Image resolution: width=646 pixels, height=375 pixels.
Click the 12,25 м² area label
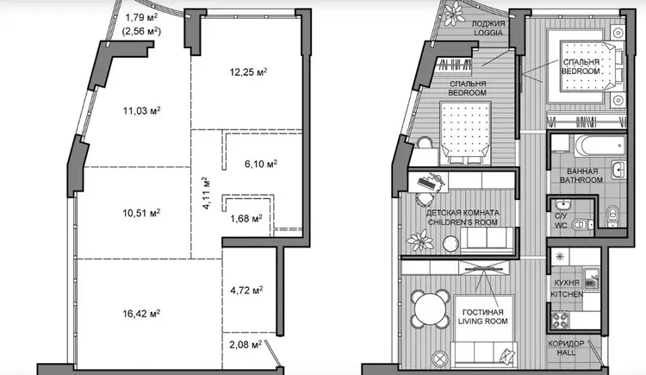pyautogui.click(x=248, y=72)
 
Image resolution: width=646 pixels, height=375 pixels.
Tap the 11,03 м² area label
pyautogui.click(x=142, y=110)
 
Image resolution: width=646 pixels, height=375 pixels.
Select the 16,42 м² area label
pyautogui.click(x=141, y=314)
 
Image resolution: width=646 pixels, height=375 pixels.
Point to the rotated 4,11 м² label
pyautogui.click(x=207, y=193)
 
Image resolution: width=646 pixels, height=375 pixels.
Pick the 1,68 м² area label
pyautogui.click(x=246, y=218)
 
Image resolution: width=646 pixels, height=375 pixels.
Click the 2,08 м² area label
pyautogui.click(x=246, y=344)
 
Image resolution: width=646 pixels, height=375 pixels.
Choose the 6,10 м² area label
pyautogui.click(x=261, y=164)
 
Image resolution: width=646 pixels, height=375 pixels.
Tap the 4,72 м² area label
pyautogui.click(x=247, y=291)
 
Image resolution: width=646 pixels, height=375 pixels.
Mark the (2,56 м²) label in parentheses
pyautogui.click(x=142, y=31)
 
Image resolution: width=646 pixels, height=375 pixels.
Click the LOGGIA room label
pyautogui.click(x=488, y=33)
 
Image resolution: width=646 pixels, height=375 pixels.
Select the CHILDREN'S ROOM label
pyautogui.click(x=463, y=222)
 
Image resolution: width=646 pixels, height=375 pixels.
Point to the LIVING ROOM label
pyautogui.click(x=483, y=322)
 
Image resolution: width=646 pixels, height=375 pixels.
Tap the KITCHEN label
pyautogui.click(x=567, y=295)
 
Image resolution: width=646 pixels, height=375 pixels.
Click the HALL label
pyautogui.click(x=567, y=353)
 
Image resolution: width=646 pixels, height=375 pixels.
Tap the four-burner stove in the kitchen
pyautogui.click(x=560, y=319)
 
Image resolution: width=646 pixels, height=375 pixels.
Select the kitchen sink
pyautogui.click(x=591, y=278)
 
